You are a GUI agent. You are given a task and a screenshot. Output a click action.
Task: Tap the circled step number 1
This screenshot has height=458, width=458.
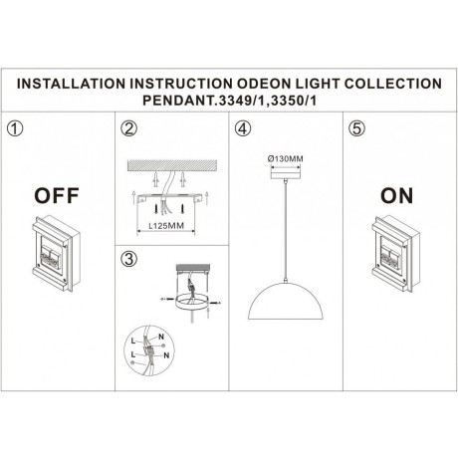pyautogui.click(x=14, y=129)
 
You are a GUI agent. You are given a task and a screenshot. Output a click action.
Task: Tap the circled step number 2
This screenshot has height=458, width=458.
pyautogui.click(x=127, y=129)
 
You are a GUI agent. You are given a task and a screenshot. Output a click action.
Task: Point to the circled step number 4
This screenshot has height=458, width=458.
pyautogui.click(x=242, y=129)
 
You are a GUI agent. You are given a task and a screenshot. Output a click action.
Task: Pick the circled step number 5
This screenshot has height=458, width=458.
pyautogui.click(x=354, y=129)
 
